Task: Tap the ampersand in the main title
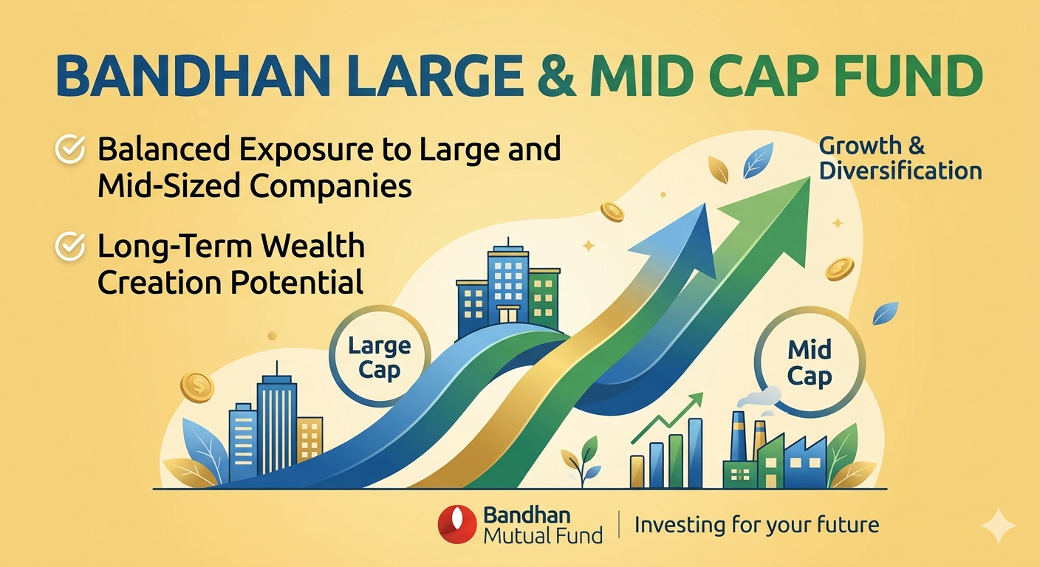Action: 558,76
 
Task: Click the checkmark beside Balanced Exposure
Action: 69,149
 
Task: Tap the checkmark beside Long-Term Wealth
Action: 69,246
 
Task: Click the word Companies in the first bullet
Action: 331,187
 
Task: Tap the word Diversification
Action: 900,171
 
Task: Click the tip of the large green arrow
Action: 810,176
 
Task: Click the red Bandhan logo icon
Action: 457,524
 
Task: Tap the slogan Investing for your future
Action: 757,525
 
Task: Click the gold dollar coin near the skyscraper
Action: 197,387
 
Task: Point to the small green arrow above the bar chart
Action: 667,418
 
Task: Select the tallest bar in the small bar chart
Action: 695,453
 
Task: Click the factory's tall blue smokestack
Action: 738,436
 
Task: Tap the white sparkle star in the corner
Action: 998,526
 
